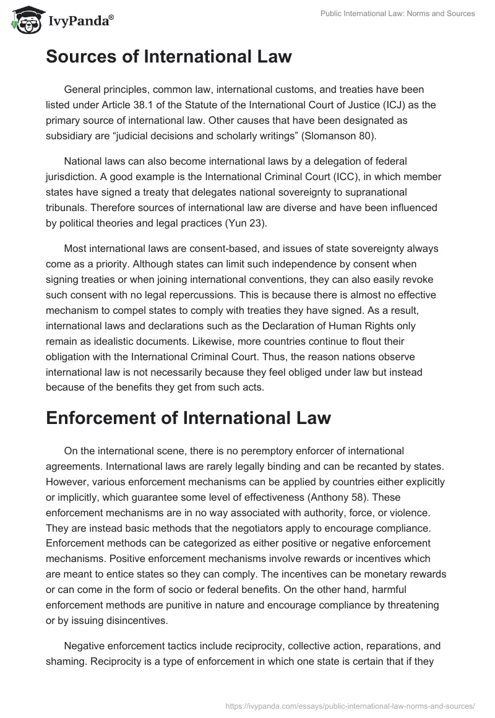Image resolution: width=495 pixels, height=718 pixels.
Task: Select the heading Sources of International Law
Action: (168, 58)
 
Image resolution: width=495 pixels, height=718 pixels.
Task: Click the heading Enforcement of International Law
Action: (188, 418)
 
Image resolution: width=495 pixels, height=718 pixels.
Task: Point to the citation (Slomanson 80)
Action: (346, 135)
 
